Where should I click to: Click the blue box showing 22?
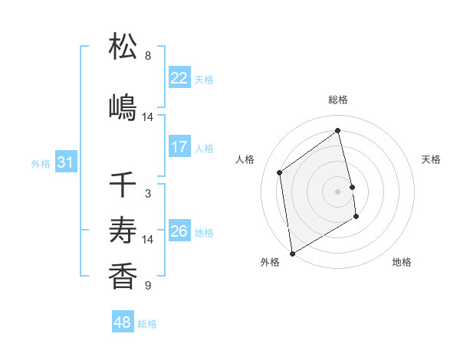point(179,78)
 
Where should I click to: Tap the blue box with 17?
point(179,147)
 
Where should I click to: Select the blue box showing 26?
point(179,231)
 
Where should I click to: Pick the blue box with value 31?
point(65,162)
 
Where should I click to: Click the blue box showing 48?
point(123,322)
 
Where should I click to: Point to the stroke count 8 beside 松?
point(148,56)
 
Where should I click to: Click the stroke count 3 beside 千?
point(148,194)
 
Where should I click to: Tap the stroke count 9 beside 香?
point(148,286)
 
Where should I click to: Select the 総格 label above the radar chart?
point(338,100)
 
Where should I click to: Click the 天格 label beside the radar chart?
point(432,159)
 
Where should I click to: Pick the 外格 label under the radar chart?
point(270,262)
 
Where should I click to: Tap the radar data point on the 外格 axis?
point(292,253)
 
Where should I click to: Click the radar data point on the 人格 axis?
point(280,172)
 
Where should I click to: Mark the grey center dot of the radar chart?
point(338,191)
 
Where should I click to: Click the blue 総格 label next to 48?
point(147,324)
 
